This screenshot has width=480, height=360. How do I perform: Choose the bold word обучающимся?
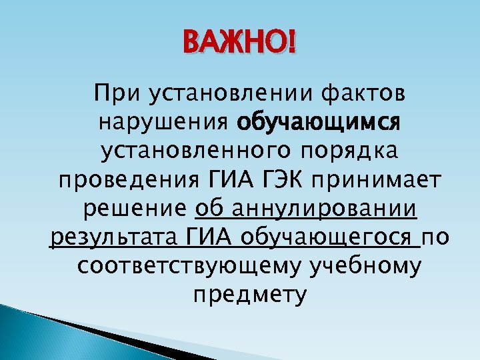(318, 123)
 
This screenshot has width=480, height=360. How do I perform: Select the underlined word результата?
(112, 238)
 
